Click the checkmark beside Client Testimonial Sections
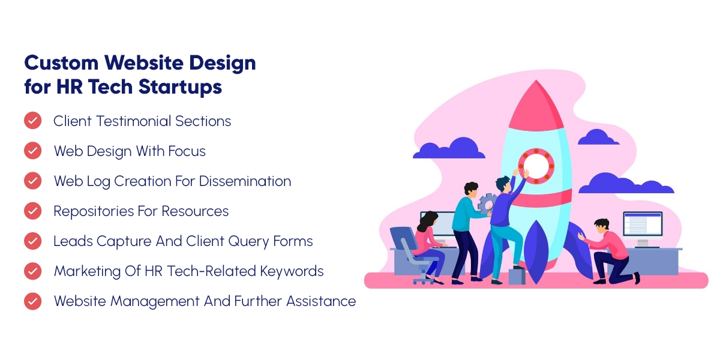coord(33,121)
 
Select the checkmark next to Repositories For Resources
coord(33,211)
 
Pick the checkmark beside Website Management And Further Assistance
coord(33,301)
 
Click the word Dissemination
coord(245,181)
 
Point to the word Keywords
coord(292,271)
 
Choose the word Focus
coord(187,151)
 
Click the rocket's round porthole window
coord(536,166)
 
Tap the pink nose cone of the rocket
coord(536,106)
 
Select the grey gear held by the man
coord(487,203)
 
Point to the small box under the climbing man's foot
coord(517,277)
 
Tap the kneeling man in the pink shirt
coord(607,251)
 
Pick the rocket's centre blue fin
coord(536,252)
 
